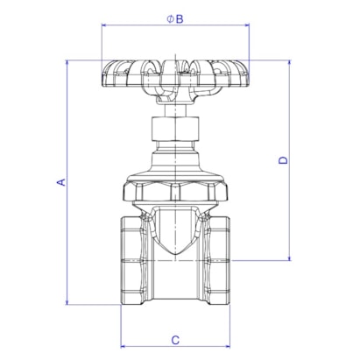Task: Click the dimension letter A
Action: click(61, 182)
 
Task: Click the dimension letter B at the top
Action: click(180, 19)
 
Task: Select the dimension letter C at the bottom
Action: click(175, 340)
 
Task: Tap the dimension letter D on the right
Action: click(283, 160)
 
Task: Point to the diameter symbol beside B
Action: click(171, 19)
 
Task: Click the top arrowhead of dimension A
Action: click(67, 62)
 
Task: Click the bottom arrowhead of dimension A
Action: click(67, 302)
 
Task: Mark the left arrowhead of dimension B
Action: click(104, 25)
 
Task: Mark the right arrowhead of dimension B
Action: click(246, 25)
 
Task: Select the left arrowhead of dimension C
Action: click(124, 347)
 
